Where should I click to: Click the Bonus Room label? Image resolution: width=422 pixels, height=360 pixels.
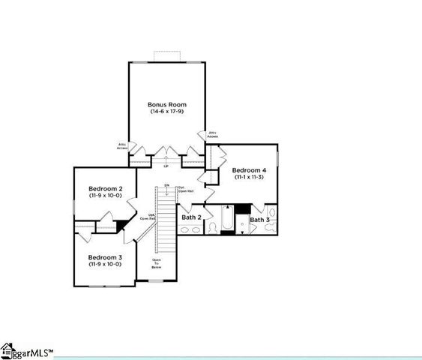coord(167,104)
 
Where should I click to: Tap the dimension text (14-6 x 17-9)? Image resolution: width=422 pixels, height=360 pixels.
coord(167,112)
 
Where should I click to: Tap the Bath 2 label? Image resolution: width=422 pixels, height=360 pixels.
coord(191,217)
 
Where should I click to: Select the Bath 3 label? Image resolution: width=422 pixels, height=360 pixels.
coord(259,220)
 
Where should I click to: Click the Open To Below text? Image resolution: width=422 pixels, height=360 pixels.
coord(157,263)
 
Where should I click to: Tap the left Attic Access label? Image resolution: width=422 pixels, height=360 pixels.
coord(122,146)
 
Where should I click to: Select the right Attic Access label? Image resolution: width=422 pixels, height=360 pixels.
coord(212,134)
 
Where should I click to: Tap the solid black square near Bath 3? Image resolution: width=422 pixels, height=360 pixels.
coord(242,209)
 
